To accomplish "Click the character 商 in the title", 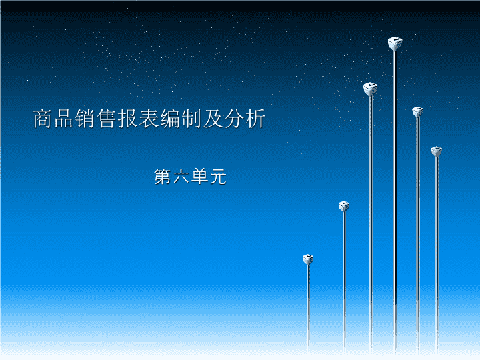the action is tap(42, 119).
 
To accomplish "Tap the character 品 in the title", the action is tap(63, 119).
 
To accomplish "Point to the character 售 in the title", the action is tap(106, 119).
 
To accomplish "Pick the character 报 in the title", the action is tap(127, 119).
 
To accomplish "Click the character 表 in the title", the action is tap(149, 119).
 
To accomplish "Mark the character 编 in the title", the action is tap(170, 119).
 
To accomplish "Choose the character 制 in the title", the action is tap(191, 119).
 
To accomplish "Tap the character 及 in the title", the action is tap(213, 119).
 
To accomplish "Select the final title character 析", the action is tap(255, 119).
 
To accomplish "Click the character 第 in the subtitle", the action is tap(162, 177).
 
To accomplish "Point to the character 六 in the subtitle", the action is tap(181, 177).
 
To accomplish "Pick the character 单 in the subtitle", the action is tap(199, 177).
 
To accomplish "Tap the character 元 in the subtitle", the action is tap(218, 177).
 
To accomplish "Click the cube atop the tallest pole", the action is tap(395, 43).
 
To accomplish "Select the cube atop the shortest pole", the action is tap(308, 259).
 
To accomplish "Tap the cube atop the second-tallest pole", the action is tap(370, 89).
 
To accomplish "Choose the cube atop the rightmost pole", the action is tap(437, 151).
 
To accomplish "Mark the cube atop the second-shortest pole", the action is tap(344, 206).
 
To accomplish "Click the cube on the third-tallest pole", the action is tap(417, 111).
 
